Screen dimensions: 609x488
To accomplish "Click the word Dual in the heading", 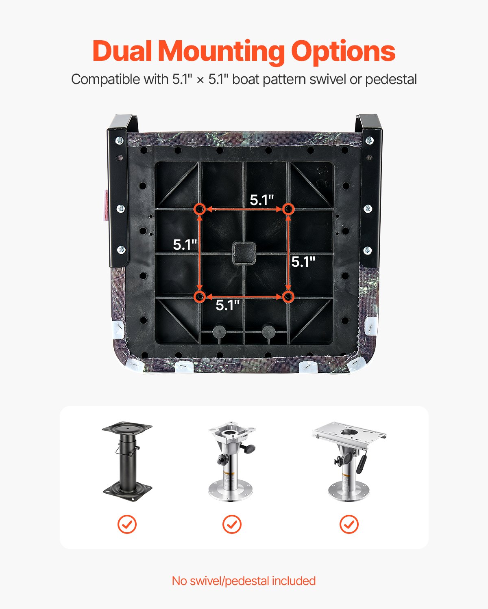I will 122,51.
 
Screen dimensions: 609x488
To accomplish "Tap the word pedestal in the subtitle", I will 391,79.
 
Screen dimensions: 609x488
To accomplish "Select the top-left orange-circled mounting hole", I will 199,209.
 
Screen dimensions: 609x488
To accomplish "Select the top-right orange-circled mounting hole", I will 288,209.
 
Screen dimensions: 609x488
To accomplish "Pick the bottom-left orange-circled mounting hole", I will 199,297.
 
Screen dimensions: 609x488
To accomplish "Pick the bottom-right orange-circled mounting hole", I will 288,297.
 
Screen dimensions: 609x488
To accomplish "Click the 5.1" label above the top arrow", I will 261,200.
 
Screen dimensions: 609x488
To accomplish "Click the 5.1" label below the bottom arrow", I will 227,305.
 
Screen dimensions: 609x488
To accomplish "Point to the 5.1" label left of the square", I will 185,245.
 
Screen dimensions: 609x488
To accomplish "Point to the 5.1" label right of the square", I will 303,262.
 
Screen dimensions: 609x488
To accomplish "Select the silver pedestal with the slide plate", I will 349,461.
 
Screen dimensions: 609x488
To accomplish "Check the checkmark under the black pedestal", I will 127,524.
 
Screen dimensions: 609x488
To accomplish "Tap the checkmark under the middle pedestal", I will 232,524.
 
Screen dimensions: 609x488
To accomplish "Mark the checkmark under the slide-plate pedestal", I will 349,524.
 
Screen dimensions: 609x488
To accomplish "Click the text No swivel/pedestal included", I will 244,581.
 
